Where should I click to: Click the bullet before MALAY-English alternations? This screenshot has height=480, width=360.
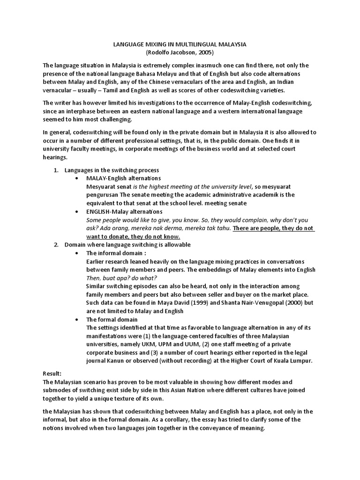click(77, 179)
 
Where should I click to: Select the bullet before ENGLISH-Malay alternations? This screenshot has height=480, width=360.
click(77, 212)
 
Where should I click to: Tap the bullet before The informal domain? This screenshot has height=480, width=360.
click(77, 253)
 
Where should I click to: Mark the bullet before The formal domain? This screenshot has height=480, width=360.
click(77, 319)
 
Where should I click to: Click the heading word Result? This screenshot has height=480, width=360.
click(52, 374)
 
